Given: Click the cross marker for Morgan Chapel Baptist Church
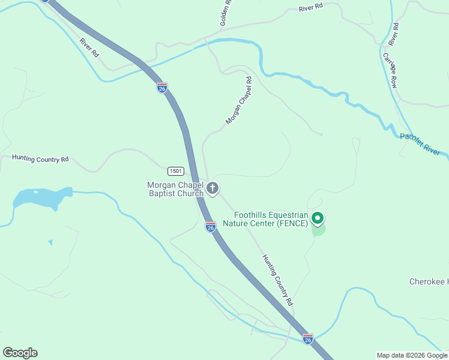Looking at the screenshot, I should pyautogui.click(x=212, y=189).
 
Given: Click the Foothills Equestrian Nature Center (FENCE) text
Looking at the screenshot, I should pyautogui.click(x=271, y=219).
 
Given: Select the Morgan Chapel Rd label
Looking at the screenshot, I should pyautogui.click(x=238, y=101).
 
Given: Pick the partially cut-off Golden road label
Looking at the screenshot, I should pyautogui.click(x=226, y=12).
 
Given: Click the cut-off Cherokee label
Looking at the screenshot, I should pyautogui.click(x=429, y=281).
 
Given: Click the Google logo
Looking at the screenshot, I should pyautogui.click(x=20, y=353).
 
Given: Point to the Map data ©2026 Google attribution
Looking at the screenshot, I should pyautogui.click(x=412, y=355).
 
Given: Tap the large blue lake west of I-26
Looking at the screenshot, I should pyautogui.click(x=40, y=197).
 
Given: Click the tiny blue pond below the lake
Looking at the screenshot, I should pyautogui.click(x=50, y=242).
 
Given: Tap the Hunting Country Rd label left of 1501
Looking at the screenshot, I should pyautogui.click(x=40, y=159).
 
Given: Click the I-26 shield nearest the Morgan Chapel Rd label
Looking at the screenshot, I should pyautogui.click(x=162, y=88).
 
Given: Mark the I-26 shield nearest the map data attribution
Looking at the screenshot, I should pyautogui.click(x=307, y=339).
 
